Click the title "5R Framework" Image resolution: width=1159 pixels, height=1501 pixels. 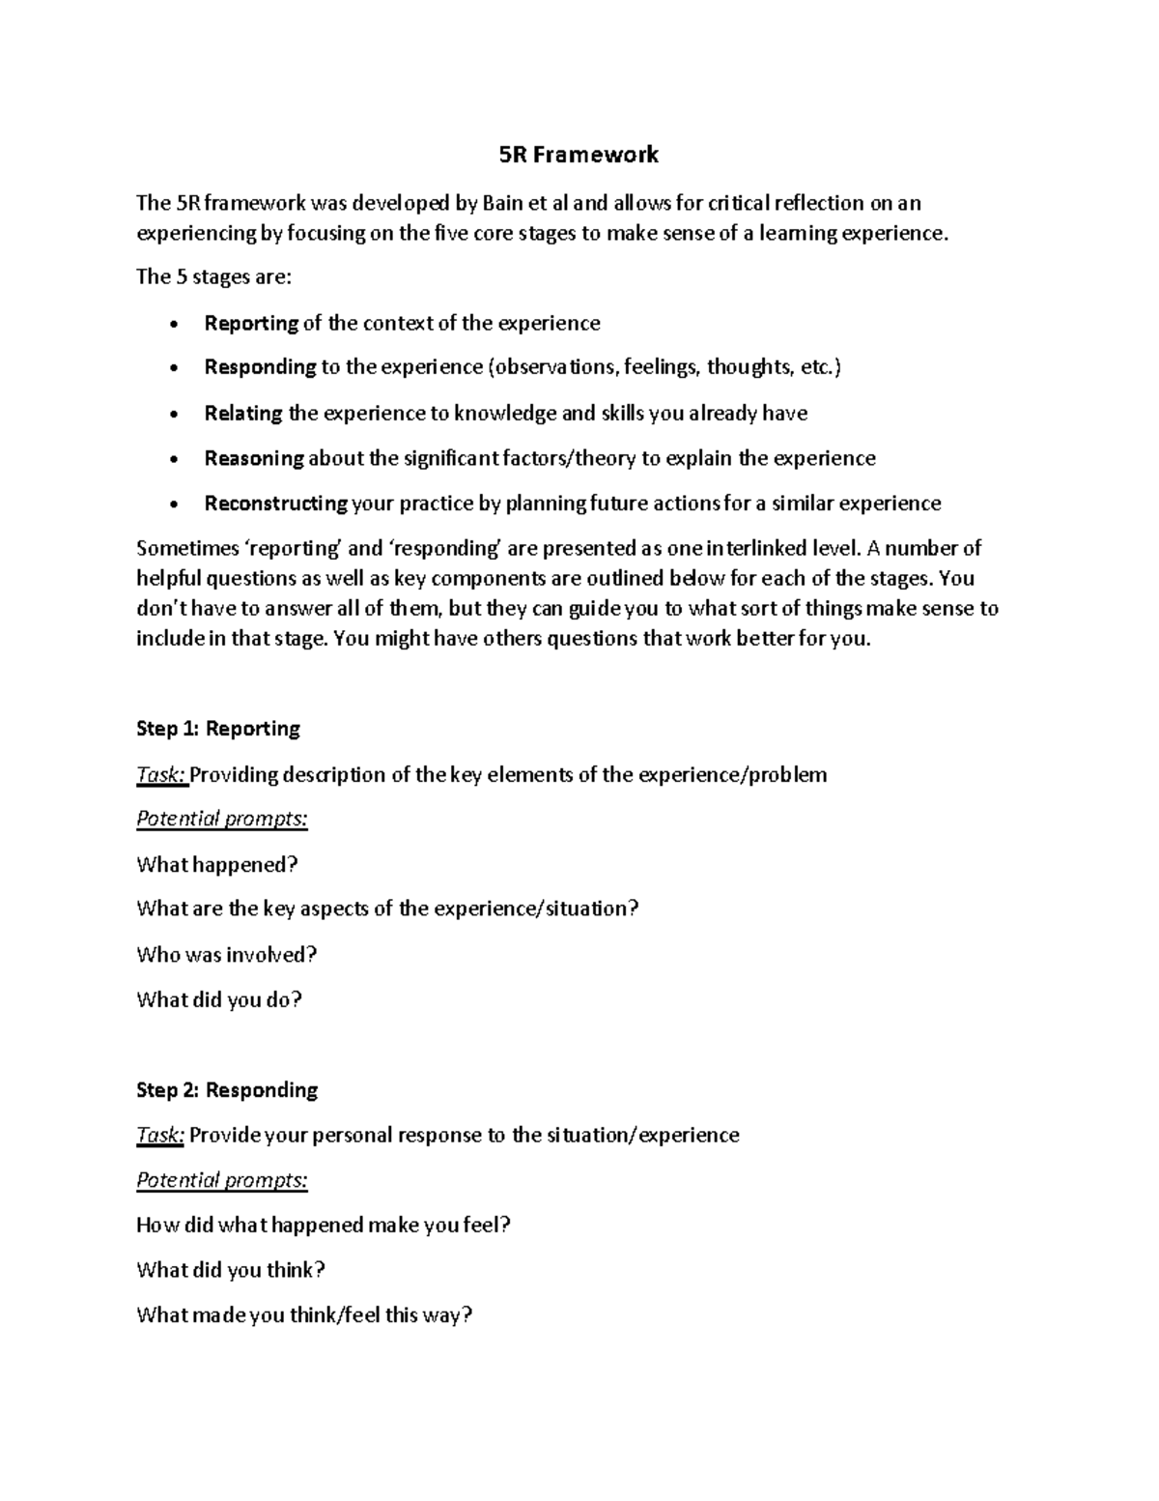(579, 154)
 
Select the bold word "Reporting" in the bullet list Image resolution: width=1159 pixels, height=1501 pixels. (251, 323)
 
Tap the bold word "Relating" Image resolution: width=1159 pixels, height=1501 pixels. (243, 414)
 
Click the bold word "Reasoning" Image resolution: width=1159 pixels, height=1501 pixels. (254, 458)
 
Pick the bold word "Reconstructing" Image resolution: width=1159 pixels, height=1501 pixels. (275, 504)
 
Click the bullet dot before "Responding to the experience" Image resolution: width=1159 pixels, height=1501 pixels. (173, 368)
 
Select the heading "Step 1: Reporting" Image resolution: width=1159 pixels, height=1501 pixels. (218, 729)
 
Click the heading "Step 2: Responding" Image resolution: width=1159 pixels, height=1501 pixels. (227, 1090)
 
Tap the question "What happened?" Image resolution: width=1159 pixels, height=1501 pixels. (217, 864)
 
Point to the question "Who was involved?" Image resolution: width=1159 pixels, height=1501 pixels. (227, 955)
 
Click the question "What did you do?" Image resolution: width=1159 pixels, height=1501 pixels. (219, 999)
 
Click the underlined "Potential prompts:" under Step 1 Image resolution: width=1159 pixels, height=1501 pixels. (222, 820)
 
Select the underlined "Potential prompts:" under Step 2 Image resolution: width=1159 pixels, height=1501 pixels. (222, 1180)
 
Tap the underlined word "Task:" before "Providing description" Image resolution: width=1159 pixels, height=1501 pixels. (161, 775)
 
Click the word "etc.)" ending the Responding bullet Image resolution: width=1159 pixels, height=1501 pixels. (821, 367)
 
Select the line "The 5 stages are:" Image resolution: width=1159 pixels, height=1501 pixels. (212, 277)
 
